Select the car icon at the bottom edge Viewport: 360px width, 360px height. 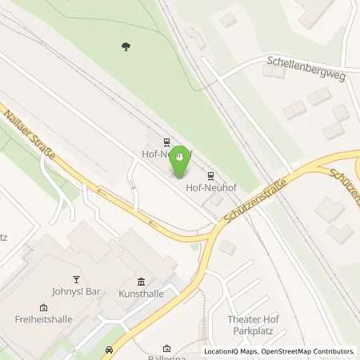108,350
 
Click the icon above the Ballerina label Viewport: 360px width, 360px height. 166,348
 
